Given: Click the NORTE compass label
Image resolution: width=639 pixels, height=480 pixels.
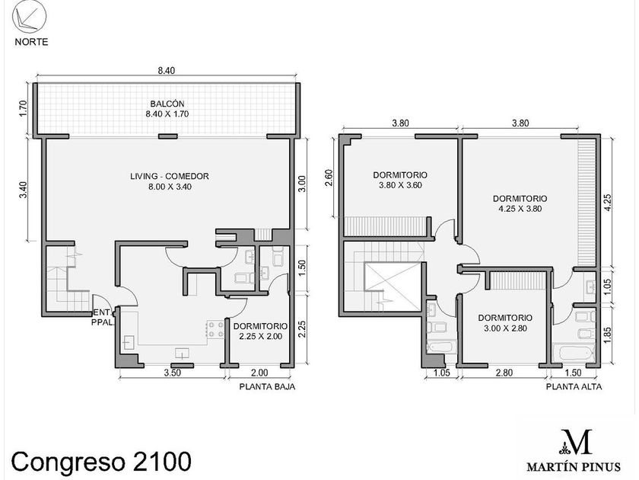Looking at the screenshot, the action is (31, 42).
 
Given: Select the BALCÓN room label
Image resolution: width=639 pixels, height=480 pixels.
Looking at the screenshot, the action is (167, 104).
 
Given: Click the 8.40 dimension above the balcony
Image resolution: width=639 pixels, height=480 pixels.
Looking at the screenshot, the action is (167, 71).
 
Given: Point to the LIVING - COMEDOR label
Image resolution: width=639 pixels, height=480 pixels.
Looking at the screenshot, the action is (170, 176).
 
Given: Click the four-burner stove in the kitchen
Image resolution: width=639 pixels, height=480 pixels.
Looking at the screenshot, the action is (215, 329).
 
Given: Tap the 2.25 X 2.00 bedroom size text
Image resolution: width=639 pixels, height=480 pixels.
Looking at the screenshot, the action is (260, 336).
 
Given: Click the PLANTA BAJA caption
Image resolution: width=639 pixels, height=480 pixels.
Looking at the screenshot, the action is (267, 386).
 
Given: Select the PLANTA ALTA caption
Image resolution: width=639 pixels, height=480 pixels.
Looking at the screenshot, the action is (574, 386).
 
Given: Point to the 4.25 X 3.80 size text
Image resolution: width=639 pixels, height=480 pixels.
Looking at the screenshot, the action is (520, 209).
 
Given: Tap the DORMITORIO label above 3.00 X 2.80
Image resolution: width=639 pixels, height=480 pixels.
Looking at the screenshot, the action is (505, 318).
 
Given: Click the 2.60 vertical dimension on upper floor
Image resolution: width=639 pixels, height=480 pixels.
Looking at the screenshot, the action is (329, 177).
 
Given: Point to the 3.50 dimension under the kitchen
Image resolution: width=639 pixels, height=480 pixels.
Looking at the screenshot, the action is (173, 373).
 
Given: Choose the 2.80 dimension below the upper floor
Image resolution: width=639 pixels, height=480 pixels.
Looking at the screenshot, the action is (504, 373).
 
